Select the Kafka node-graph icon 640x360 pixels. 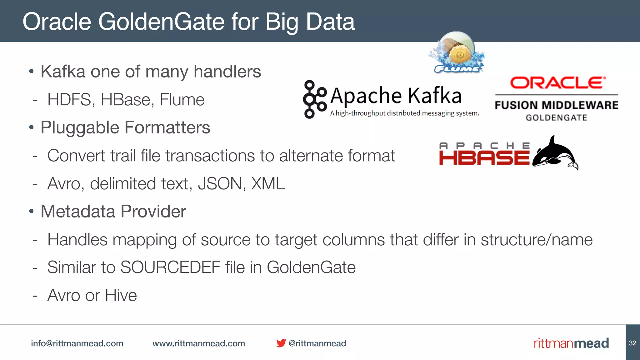(x=314, y=99)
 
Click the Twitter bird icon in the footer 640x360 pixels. (x=281, y=343)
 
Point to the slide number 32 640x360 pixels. (x=632, y=343)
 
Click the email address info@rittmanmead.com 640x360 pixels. (x=77, y=343)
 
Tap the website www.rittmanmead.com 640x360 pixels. (x=198, y=343)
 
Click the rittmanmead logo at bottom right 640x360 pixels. (x=571, y=343)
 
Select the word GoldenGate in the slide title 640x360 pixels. (x=161, y=22)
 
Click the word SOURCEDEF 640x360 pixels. (x=170, y=267)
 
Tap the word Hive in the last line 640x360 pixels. (x=121, y=295)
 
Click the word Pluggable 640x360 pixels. (x=80, y=128)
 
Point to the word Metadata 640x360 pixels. (x=78, y=212)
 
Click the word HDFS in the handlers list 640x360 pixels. (x=71, y=100)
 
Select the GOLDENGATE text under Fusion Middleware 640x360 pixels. (x=556, y=118)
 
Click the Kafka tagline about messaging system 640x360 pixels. (x=404, y=113)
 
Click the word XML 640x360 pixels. (x=268, y=184)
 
